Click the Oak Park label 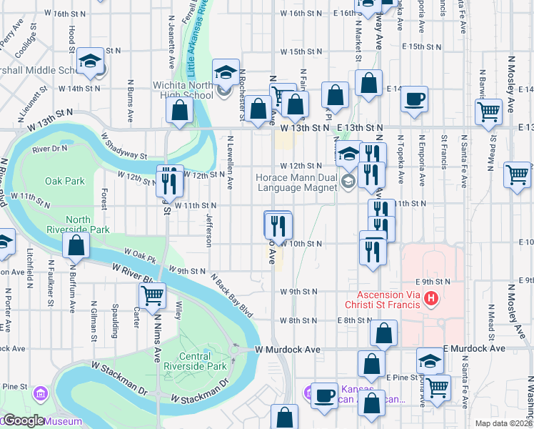64,181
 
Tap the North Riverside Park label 88,225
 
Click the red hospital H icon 430,297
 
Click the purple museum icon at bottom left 40,394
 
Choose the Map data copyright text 504,423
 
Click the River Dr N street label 49,149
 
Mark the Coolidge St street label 28,44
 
